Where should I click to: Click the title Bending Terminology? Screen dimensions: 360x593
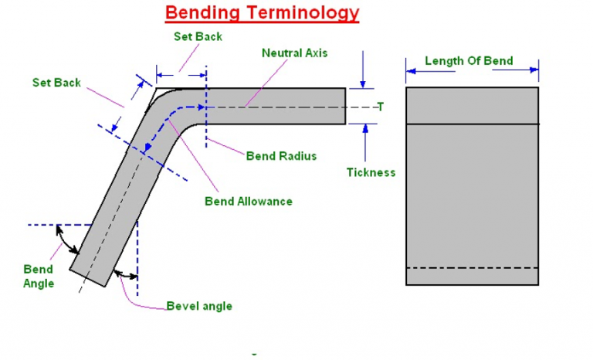(x=263, y=12)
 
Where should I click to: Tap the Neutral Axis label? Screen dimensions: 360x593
(x=295, y=53)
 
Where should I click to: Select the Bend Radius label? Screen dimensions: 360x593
(x=281, y=156)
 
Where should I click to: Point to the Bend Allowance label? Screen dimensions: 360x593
(x=248, y=202)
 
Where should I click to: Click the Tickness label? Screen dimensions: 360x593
(x=371, y=172)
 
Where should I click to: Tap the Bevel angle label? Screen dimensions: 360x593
(x=199, y=306)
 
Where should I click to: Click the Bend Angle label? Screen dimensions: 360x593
(x=39, y=277)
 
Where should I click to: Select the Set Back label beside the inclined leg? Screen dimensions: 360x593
(x=56, y=83)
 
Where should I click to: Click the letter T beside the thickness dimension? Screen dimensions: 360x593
(x=379, y=107)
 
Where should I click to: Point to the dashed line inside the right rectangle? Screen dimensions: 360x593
(x=472, y=267)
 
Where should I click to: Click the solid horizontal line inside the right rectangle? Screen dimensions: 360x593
(x=472, y=124)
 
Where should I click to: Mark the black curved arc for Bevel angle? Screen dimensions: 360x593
(x=125, y=273)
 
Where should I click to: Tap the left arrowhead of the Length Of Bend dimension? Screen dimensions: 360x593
(x=411, y=71)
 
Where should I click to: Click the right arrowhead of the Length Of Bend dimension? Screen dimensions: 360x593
(x=534, y=71)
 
